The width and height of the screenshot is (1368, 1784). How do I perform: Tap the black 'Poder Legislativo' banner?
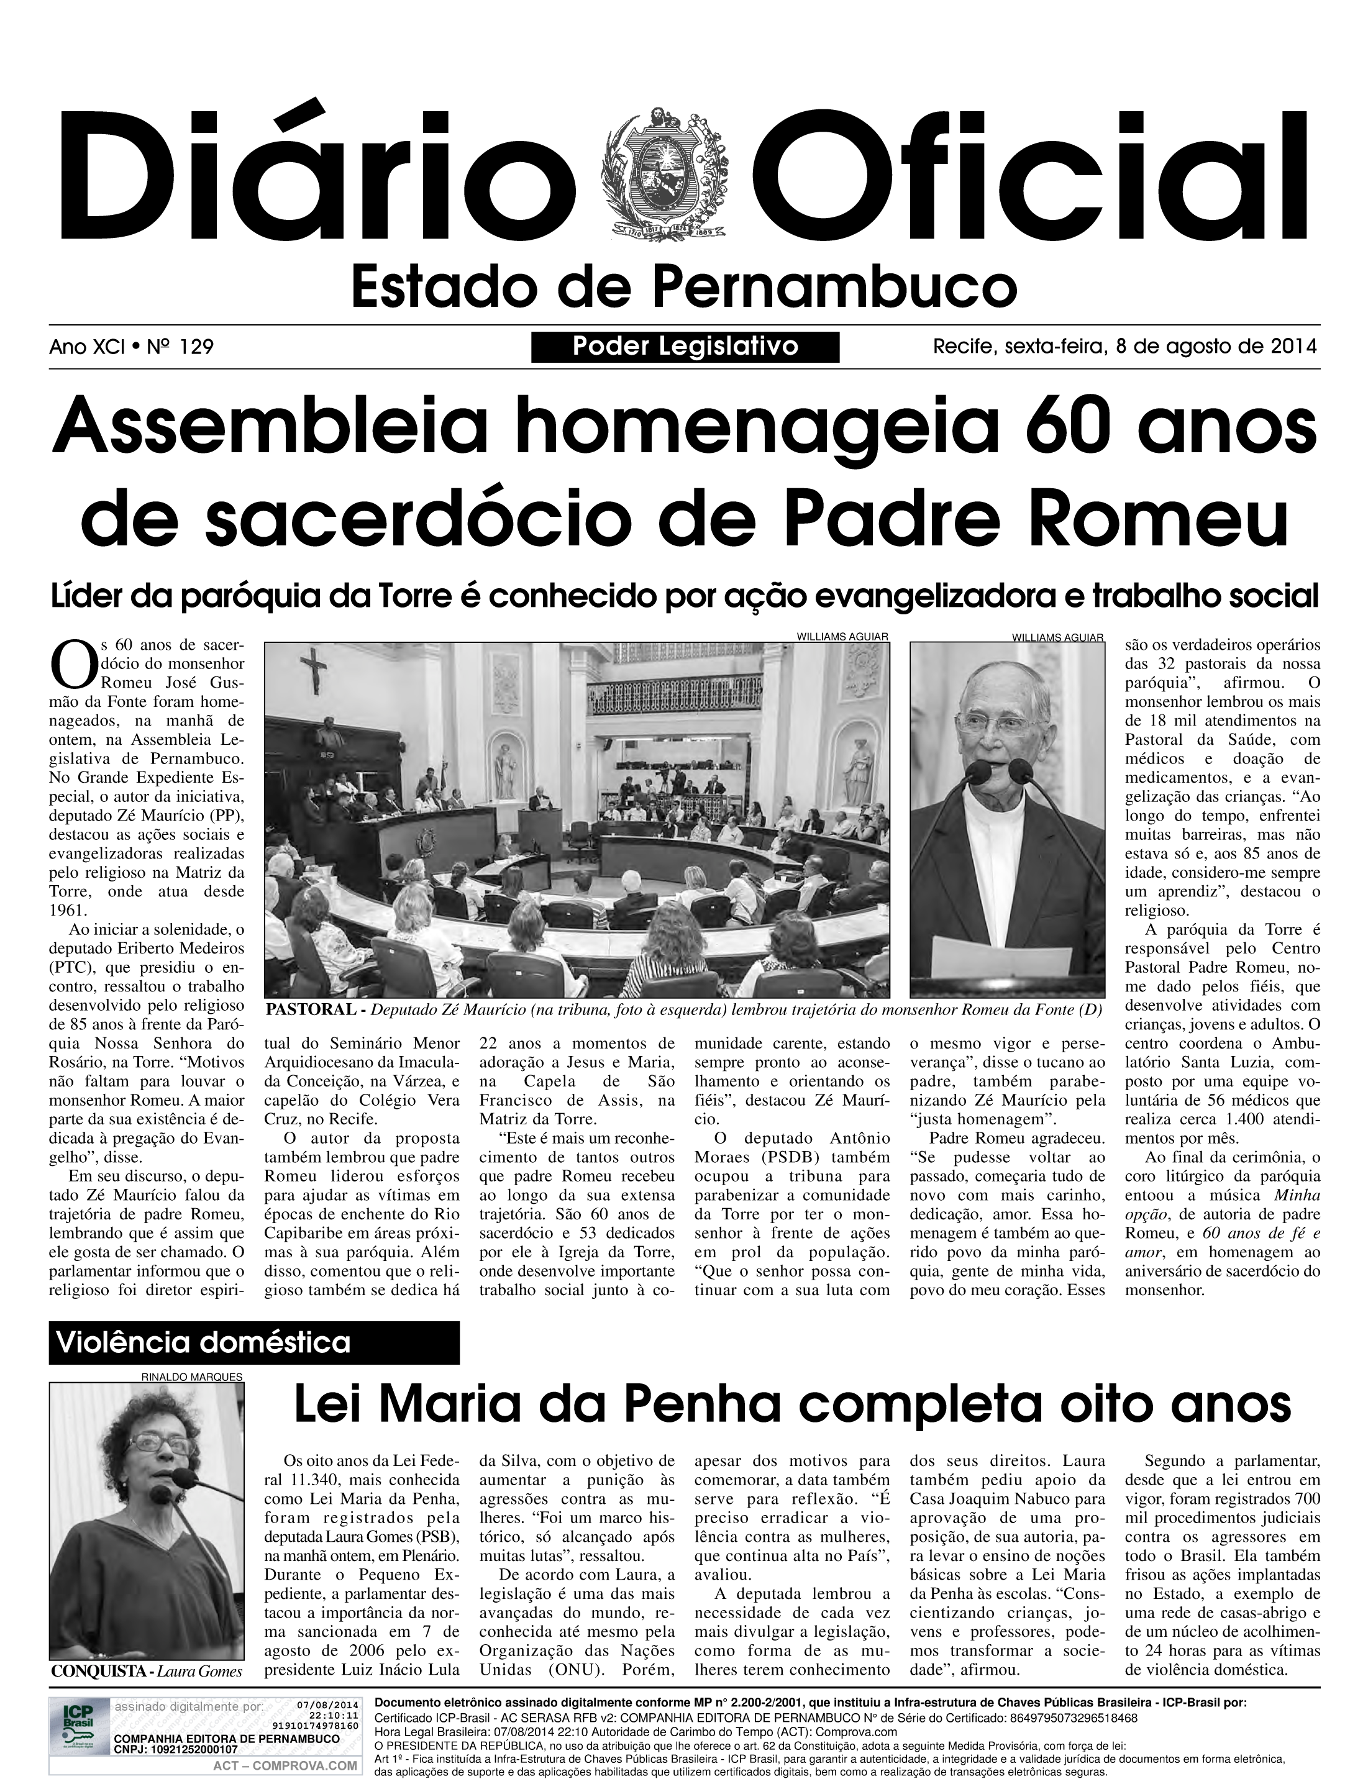(x=685, y=347)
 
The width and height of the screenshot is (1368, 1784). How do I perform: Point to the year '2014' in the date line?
(x=1293, y=347)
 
